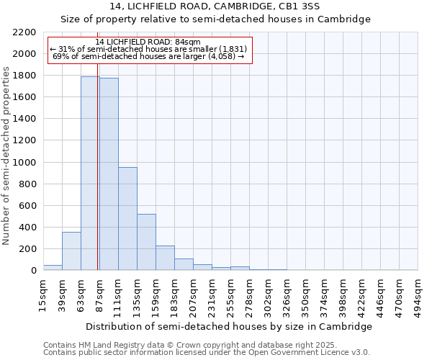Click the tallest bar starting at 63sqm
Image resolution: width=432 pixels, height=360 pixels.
pos(90,173)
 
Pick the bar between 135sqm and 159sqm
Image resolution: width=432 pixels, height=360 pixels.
pos(146,242)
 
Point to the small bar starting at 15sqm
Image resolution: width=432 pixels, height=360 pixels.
pos(53,267)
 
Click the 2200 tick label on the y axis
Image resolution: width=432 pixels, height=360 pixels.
pos(24,32)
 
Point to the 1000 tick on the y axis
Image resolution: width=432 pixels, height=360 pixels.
pos(24,163)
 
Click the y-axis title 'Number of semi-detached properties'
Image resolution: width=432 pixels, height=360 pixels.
pos(7,156)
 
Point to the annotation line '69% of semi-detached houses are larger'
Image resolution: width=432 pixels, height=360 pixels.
pos(150,56)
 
